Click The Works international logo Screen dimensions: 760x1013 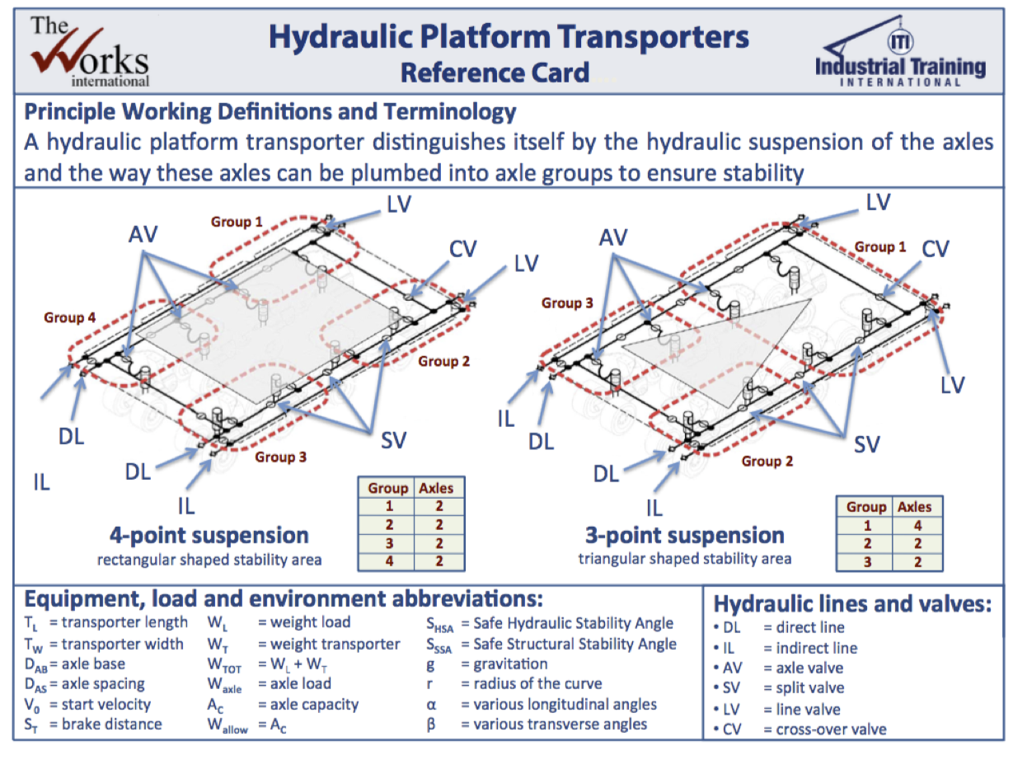90,51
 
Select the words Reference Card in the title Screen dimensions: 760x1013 495,73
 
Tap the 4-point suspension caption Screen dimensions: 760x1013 209,535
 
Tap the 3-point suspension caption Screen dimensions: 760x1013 685,535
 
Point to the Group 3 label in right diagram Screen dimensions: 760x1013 567,303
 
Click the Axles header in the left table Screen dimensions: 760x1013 436,487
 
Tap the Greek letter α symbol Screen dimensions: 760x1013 431,704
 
